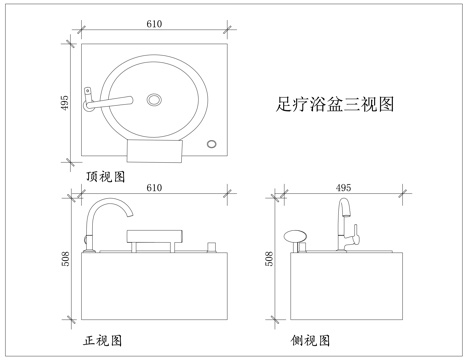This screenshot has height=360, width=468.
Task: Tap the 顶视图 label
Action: (x=105, y=176)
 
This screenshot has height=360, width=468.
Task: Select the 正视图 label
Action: (x=102, y=341)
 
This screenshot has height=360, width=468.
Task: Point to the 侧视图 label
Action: (x=310, y=341)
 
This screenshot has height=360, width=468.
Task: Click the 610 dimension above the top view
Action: (x=155, y=24)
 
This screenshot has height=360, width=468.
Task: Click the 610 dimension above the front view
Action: (x=155, y=187)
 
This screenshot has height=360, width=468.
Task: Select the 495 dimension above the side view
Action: (x=343, y=187)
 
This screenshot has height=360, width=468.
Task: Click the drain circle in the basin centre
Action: (x=154, y=99)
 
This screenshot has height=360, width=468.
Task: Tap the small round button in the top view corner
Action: (x=211, y=145)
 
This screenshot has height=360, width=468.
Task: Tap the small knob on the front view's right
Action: (x=211, y=245)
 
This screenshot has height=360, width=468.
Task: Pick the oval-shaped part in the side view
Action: (x=295, y=237)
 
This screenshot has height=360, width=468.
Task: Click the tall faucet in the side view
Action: (x=346, y=225)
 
